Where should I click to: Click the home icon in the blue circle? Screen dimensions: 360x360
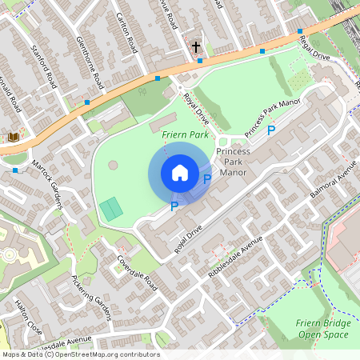[x=180, y=173]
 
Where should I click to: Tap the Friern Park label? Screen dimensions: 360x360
[x=185, y=136]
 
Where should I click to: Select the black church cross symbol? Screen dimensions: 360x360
[x=196, y=46]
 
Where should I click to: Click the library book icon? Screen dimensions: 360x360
[x=13, y=138]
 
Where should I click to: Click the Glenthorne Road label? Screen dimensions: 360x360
[x=87, y=62]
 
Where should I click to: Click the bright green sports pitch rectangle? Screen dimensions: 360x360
[x=111, y=210]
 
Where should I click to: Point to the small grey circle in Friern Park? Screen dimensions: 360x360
[x=113, y=165]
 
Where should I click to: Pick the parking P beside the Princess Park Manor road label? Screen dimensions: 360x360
[x=271, y=130]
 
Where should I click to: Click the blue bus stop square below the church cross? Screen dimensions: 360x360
[x=200, y=61]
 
